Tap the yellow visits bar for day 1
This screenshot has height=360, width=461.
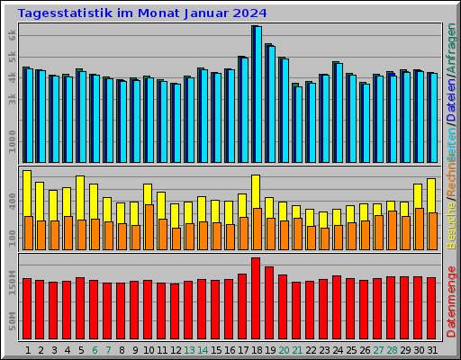pyautogui.click(x=27, y=193)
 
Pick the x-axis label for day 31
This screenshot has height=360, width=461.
pyautogui.click(x=431, y=349)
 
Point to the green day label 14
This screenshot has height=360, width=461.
pyautogui.click(x=203, y=349)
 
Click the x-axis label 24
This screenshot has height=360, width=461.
pyautogui.click(x=337, y=349)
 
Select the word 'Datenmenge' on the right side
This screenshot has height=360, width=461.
pyautogui.click(x=451, y=302)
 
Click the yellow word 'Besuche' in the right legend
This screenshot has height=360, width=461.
pyautogui.click(x=451, y=225)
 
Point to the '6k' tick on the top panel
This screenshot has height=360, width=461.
pyautogui.click(x=12, y=33)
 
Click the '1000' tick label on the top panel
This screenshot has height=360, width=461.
pyautogui.click(x=12, y=141)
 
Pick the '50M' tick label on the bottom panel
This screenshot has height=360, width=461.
pyautogui.click(x=12, y=320)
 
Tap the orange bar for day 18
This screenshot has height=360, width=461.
pyautogui.click(x=257, y=229)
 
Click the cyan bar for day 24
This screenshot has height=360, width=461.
pyautogui.click(x=338, y=112)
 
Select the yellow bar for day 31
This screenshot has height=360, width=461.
pyautogui.click(x=431, y=195)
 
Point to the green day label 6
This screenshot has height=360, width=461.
pyautogui.click(x=95, y=349)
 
